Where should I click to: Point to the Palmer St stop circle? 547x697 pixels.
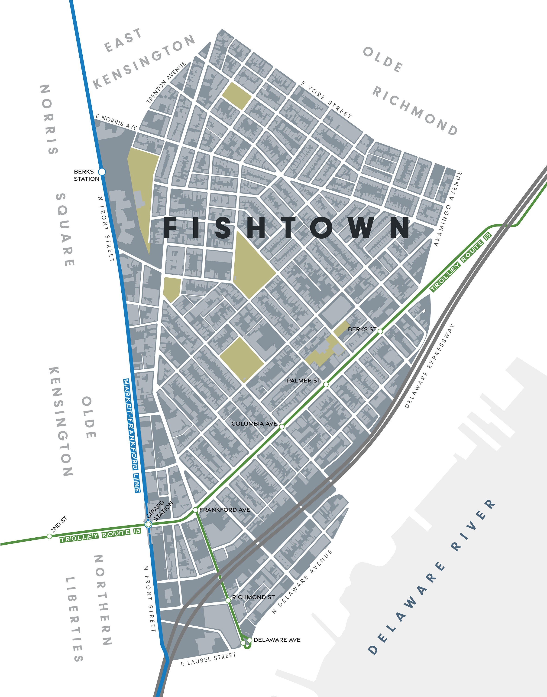click(x=326, y=384)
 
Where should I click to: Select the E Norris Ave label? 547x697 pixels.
click(x=116, y=122)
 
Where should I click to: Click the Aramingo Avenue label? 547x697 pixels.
click(x=448, y=208)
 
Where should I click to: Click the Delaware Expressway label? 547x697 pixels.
click(x=430, y=365)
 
